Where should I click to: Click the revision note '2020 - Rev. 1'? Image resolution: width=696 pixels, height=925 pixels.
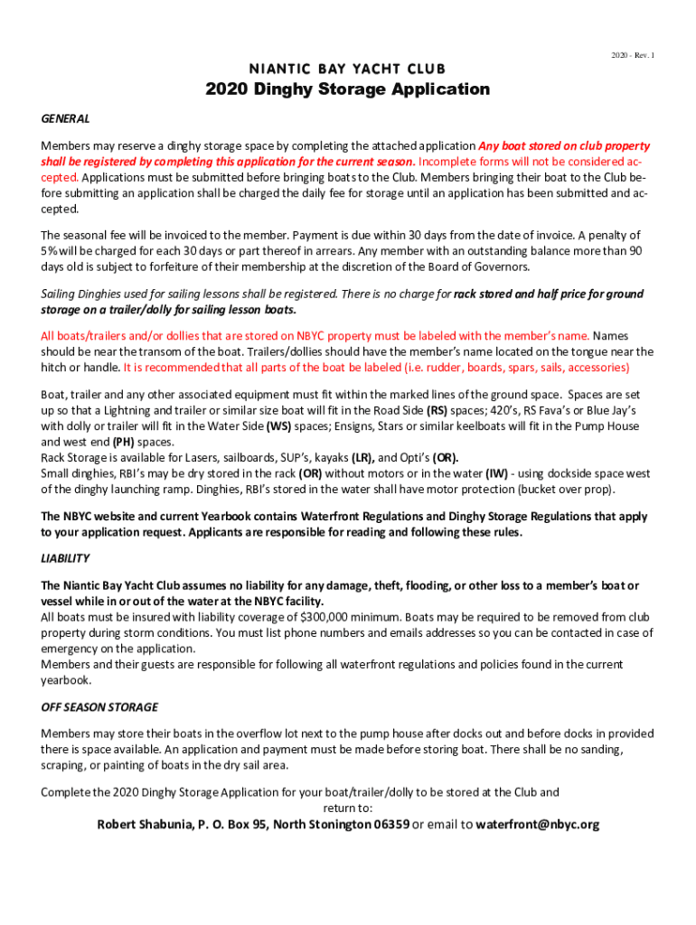[632, 56]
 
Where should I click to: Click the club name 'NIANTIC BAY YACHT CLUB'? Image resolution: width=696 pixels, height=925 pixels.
[347, 70]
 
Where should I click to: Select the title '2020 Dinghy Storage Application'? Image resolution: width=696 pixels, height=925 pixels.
[347, 89]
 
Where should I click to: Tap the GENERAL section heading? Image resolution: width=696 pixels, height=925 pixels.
[65, 119]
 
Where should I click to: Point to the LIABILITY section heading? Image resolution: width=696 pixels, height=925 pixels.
[65, 558]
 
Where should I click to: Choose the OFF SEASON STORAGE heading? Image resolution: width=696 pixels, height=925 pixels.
[99, 706]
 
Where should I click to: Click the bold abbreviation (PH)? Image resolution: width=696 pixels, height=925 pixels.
[125, 443]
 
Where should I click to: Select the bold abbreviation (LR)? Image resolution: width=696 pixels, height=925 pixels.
[363, 458]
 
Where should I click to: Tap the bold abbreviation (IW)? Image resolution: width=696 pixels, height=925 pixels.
[497, 473]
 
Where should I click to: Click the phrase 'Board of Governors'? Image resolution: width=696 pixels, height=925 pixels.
[477, 267]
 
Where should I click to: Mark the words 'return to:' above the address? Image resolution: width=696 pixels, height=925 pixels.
[347, 808]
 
